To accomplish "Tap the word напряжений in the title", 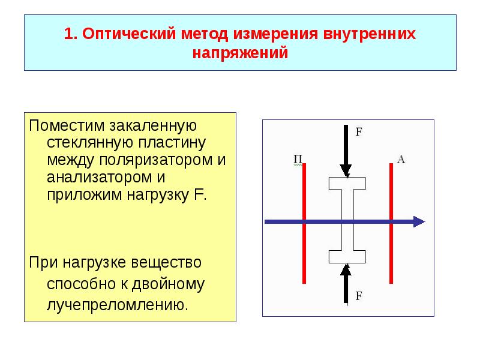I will (241, 53).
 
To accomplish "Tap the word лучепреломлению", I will (117, 304).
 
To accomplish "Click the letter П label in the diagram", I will (298, 159).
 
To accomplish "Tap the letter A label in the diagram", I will (401, 159).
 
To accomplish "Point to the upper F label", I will (359, 132).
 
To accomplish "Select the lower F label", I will (359, 295).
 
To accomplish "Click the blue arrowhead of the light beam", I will (418, 222).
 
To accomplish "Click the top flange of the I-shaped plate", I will (346, 184).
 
